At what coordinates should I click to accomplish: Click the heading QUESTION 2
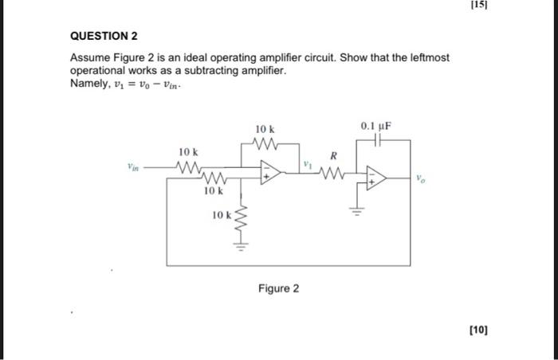pyautogui.click(x=104, y=37)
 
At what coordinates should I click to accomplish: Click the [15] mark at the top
pyautogui.click(x=478, y=5)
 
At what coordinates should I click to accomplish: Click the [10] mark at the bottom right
pyautogui.click(x=479, y=327)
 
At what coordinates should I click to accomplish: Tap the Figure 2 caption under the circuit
pyautogui.click(x=278, y=288)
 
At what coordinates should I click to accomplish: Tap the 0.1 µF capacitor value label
pyautogui.click(x=376, y=127)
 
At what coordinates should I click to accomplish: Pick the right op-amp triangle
pyautogui.click(x=375, y=179)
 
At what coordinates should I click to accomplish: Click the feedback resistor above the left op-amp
pyautogui.click(x=264, y=144)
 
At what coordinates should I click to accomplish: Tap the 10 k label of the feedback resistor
pyautogui.click(x=265, y=129)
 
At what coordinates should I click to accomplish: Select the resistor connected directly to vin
pyautogui.click(x=188, y=167)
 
